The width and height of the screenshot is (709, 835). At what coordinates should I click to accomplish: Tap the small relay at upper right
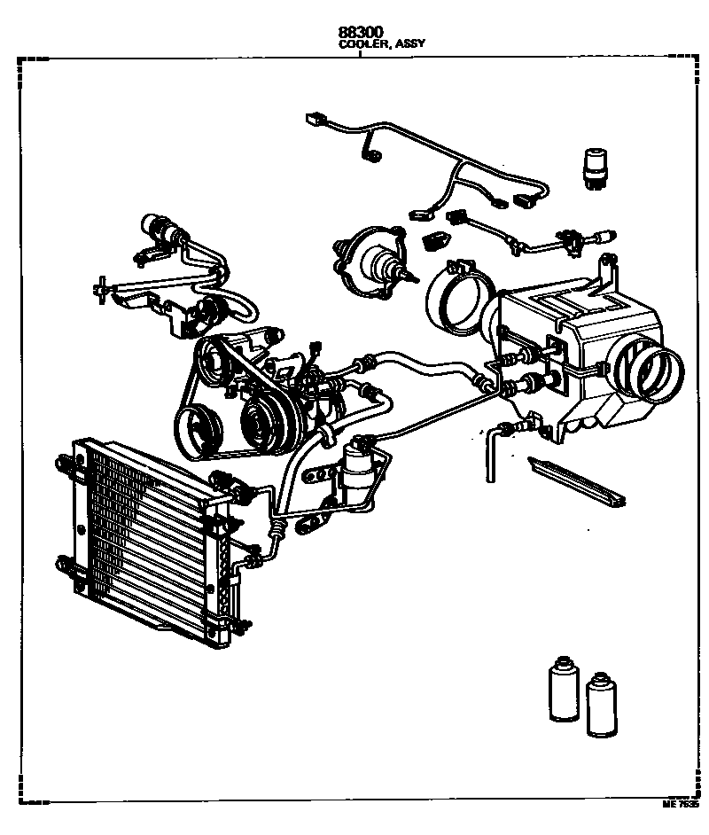594,166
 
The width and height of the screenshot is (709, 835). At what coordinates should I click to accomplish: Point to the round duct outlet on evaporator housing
658,369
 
